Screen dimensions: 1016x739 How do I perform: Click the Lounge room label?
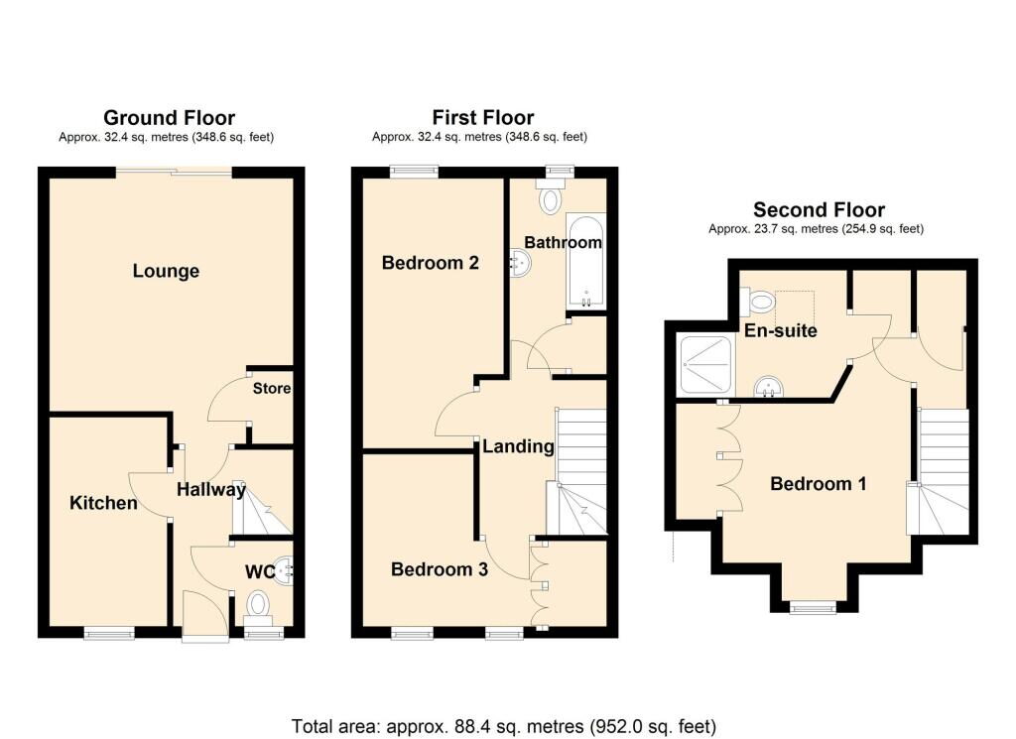pyautogui.click(x=166, y=271)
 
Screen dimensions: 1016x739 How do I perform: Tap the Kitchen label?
pyautogui.click(x=103, y=503)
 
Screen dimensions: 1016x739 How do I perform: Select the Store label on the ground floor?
pyautogui.click(x=272, y=388)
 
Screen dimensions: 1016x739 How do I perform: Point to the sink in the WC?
pyautogui.click(x=284, y=570)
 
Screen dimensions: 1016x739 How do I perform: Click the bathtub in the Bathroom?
pyautogui.click(x=586, y=262)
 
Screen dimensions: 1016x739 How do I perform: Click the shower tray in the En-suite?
pyautogui.click(x=705, y=365)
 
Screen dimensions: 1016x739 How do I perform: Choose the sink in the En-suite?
pyautogui.click(x=769, y=387)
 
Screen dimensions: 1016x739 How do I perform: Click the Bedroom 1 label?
pyautogui.click(x=819, y=484)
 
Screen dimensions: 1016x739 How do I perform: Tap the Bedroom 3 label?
pyautogui.click(x=440, y=569)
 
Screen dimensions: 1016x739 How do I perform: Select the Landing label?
pyautogui.click(x=518, y=446)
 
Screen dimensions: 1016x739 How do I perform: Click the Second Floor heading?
pyautogui.click(x=819, y=210)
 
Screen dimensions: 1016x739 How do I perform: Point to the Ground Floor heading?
pyautogui.click(x=169, y=118)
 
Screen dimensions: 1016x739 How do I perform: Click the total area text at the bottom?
pyautogui.click(x=504, y=726)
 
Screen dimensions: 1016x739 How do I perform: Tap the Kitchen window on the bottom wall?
pyautogui.click(x=109, y=633)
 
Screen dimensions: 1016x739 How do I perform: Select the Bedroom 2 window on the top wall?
pyautogui.click(x=414, y=171)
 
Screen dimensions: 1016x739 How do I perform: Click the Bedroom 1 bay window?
pyautogui.click(x=813, y=607)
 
